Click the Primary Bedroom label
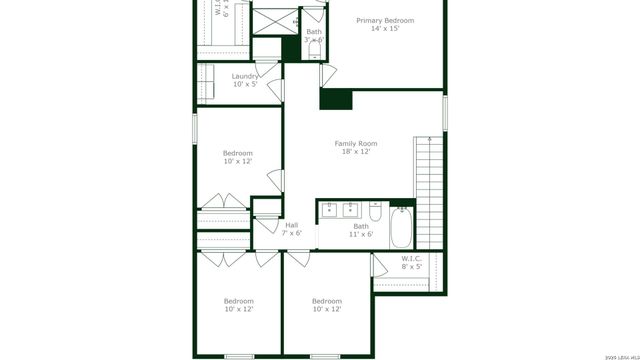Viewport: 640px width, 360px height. pos(385,20)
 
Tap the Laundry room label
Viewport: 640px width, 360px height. pos(245,76)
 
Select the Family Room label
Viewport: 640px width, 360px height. pos(355,144)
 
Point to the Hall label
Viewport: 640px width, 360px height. pos(291,225)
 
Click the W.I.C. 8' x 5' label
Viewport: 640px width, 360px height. pos(411,259)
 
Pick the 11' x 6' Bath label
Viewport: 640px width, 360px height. pos(361,226)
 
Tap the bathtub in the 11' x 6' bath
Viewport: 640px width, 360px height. pos(401,227)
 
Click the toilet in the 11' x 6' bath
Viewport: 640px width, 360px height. pos(375,212)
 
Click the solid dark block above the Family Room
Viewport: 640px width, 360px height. pos(337,98)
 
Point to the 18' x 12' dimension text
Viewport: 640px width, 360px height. pos(355,152)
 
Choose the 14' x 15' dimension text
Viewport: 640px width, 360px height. pos(385,29)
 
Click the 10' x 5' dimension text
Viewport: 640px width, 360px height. pos(245,84)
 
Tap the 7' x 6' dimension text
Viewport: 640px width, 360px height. pos(291,233)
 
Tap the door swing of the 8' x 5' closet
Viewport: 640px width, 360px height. pos(380,265)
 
